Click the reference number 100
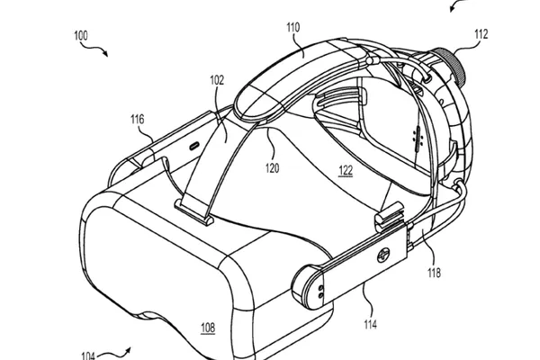click(81, 35)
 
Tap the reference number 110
click(293, 27)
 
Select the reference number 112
click(481, 34)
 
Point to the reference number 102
click(217, 80)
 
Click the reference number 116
click(137, 120)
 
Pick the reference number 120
click(272, 168)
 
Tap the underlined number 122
click(346, 170)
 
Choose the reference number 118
click(434, 273)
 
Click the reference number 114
click(370, 324)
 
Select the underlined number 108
click(208, 328)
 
